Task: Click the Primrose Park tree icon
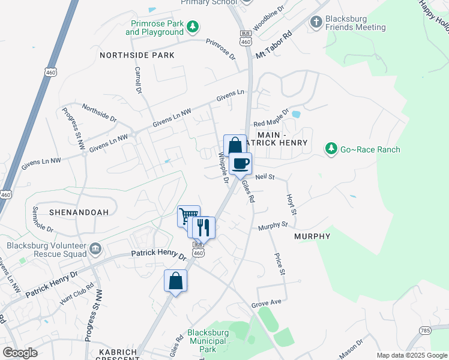(x=193, y=26)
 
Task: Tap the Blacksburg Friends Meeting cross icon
(x=316, y=22)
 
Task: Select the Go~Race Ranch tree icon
(x=331, y=148)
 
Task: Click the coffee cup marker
(x=240, y=163)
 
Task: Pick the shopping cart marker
(x=188, y=216)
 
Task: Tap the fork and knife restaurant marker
(x=203, y=227)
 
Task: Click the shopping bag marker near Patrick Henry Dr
(x=175, y=281)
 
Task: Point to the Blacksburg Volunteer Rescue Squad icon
(x=95, y=248)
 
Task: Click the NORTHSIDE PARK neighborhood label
(x=137, y=55)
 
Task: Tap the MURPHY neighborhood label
(x=312, y=236)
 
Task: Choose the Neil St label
(x=264, y=178)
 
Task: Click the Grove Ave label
(x=267, y=304)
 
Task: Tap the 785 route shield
(x=426, y=330)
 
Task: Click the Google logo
(x=20, y=352)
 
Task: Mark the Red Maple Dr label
(x=271, y=118)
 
